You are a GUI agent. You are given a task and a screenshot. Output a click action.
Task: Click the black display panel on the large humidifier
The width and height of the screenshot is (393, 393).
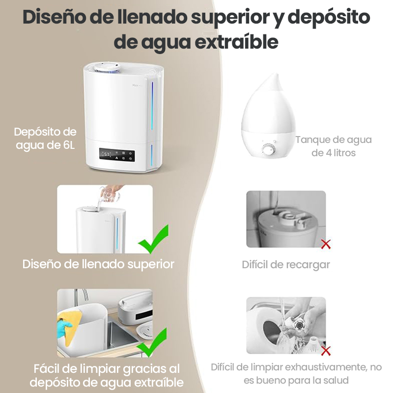(117, 155)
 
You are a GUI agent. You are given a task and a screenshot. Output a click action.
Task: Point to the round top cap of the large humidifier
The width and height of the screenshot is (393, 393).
(107, 68)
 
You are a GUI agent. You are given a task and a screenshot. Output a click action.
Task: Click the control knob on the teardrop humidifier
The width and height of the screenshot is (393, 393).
(269, 150)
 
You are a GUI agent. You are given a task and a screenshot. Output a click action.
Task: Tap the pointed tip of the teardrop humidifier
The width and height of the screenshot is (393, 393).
(276, 75)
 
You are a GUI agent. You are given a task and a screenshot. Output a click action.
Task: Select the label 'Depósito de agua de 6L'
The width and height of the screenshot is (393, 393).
(45, 139)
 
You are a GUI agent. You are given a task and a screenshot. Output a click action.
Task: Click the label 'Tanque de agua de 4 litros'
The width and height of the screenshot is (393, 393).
(334, 146)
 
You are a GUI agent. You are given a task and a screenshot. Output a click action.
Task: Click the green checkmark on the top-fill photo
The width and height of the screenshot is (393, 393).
(154, 240)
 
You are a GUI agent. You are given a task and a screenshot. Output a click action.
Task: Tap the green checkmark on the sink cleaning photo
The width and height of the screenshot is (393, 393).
(152, 343)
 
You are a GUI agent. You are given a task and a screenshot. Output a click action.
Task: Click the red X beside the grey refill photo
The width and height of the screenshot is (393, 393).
(326, 244)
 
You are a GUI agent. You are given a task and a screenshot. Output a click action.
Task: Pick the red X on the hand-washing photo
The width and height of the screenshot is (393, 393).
(326, 351)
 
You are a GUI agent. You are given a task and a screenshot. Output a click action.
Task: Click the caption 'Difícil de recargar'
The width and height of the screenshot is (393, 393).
(286, 265)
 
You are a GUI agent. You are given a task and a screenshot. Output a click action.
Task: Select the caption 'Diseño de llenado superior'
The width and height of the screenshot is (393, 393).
(98, 264)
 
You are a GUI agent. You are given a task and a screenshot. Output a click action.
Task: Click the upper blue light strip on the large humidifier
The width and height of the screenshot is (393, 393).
(152, 106)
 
